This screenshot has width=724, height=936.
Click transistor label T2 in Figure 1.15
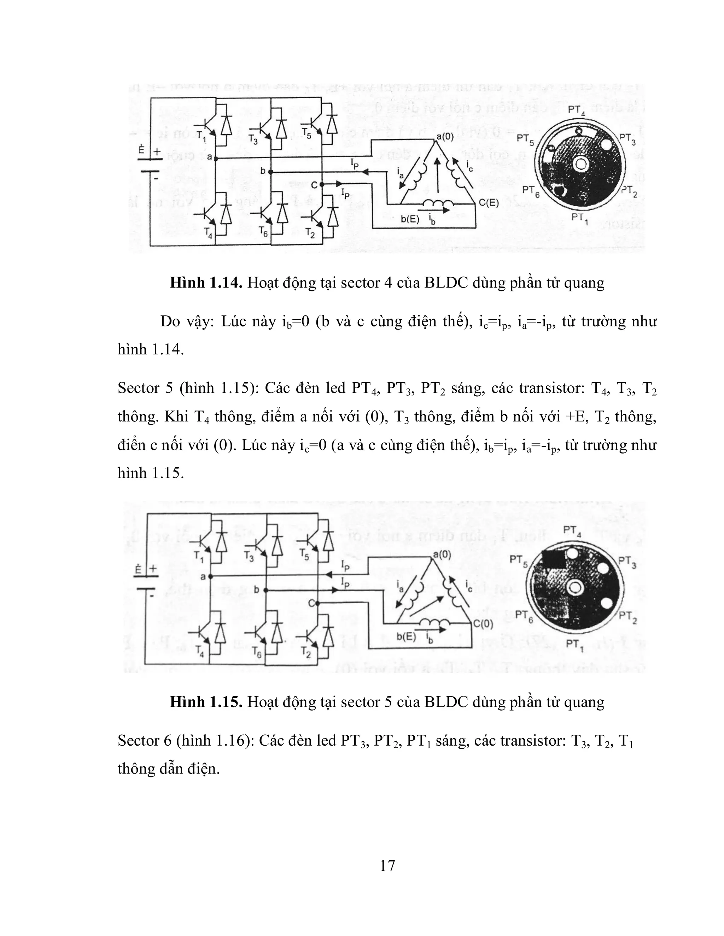coord(306,653)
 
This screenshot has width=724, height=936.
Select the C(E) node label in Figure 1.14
coord(489,203)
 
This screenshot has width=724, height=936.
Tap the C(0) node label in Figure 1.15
coord(483,624)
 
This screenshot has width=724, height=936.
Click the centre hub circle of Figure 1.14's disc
coord(582,164)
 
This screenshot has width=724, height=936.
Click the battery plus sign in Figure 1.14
coord(157,151)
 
